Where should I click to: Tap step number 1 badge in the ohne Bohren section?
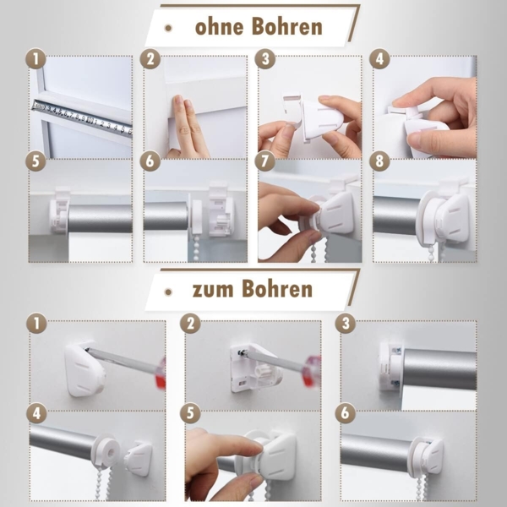(35, 60)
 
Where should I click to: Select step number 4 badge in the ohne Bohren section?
(379, 60)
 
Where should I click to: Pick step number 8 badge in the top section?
(379, 161)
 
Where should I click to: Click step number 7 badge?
(265, 161)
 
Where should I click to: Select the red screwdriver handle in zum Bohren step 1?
(161, 373)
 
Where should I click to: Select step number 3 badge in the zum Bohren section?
(345, 323)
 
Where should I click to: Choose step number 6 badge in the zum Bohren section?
(345, 414)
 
